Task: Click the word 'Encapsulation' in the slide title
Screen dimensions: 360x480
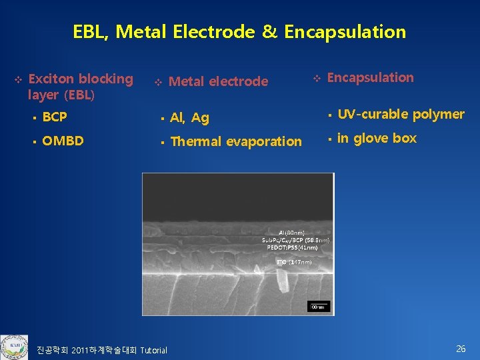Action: pos(345,32)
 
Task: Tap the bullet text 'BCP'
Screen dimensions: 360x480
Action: pos(54,117)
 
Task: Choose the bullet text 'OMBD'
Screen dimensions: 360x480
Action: pos(63,141)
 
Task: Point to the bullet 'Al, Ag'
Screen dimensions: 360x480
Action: pos(189,118)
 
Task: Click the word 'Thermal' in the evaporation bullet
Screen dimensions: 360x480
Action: pos(197,141)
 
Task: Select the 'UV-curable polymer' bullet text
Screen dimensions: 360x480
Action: pos(401,114)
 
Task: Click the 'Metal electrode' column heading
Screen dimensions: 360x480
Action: pos(218,82)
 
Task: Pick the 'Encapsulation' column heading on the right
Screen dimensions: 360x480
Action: pos(371,78)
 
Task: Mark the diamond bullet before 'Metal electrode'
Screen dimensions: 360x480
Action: pos(158,83)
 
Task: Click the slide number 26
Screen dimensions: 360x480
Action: pos(461,349)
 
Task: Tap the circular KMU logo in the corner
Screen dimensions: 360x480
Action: pos(14,347)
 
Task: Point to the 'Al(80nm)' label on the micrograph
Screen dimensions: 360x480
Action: pos(295,231)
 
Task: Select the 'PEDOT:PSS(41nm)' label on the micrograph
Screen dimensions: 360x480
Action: pos(294,247)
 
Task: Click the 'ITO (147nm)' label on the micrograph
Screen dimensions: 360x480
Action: pos(293,262)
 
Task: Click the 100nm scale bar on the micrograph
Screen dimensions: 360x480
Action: pos(318,306)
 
